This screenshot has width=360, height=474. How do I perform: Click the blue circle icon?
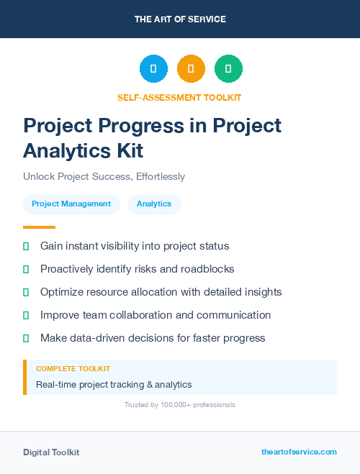(x=153, y=69)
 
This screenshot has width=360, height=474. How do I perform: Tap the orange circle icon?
(x=191, y=69)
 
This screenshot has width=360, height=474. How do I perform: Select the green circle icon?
(x=228, y=69)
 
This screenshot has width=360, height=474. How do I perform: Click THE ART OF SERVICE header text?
(x=180, y=19)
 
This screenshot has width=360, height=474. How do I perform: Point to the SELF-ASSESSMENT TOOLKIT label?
(x=179, y=97)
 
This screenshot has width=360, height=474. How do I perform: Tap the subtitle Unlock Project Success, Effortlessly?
(x=104, y=176)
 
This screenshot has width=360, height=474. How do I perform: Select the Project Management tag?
(x=71, y=204)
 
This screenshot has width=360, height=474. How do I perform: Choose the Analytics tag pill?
(x=154, y=204)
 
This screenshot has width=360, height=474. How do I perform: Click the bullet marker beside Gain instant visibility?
(x=26, y=247)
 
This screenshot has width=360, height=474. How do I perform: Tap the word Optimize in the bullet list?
(x=63, y=292)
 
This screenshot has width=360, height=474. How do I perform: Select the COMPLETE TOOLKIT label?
(x=73, y=368)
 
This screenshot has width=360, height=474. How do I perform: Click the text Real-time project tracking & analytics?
(x=114, y=385)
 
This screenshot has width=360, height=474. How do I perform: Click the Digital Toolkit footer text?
(x=51, y=452)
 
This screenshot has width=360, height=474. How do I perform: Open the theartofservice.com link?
(x=299, y=452)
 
